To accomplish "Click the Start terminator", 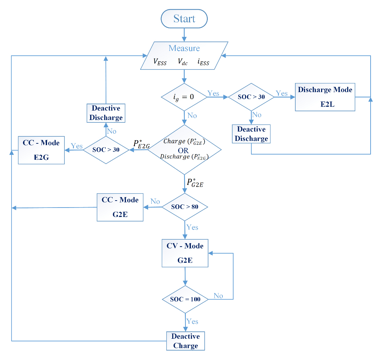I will tap(184, 18).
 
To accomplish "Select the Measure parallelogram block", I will tap(184, 55).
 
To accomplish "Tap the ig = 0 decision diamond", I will tap(184, 97).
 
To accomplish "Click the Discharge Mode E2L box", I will tap(325, 97).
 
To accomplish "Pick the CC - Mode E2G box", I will tap(41, 150).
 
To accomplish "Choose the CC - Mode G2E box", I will tap(120, 207).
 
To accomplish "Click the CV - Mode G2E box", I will tap(185, 253).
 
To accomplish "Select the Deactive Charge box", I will tap(185, 341).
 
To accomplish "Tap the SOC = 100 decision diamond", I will tap(185, 299).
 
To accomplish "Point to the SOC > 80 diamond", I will tap(185, 207).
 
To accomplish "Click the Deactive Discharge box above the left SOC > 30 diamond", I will tap(106, 113).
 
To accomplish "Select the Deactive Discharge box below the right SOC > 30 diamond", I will tap(251, 134).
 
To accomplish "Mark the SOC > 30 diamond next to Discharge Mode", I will tap(251, 97).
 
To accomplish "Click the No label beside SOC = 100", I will tap(218, 296).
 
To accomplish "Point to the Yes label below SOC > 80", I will tap(192, 227).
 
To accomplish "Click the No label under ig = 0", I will tap(192, 115).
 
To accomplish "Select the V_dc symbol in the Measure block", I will tap(183, 62).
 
